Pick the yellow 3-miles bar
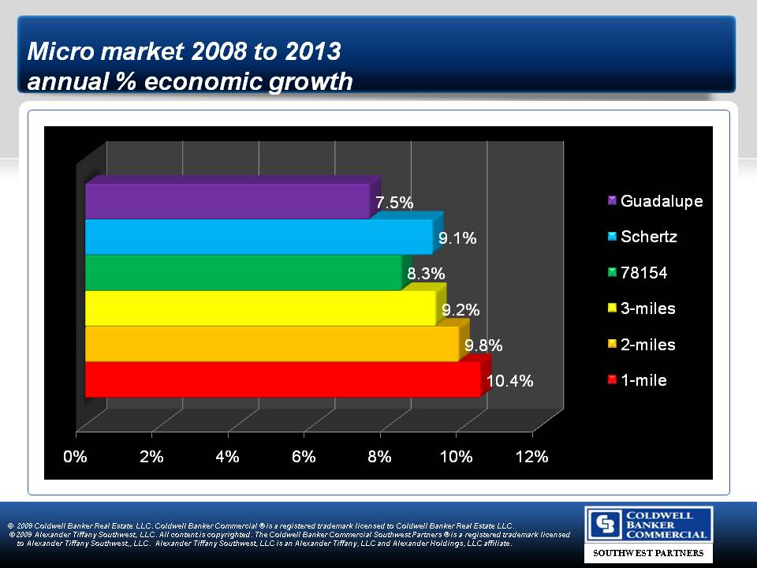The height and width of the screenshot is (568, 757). pos(260,308)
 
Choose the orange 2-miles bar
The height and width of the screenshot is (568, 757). pos(272,344)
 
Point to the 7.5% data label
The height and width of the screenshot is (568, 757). pos(394,203)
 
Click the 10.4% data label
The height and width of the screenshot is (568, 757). pos(509,381)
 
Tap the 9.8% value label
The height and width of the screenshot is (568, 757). pos(483,346)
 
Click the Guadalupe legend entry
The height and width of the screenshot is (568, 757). pos(661,201)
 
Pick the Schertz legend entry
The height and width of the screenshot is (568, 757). pos(648,237)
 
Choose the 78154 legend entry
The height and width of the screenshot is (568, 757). pos(644,273)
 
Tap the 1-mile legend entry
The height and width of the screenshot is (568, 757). pos(643,380)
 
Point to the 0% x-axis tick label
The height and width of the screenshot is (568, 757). pos(76,457)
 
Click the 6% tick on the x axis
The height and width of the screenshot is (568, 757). pos(304,457)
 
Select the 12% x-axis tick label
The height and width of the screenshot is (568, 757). pos(532,457)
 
